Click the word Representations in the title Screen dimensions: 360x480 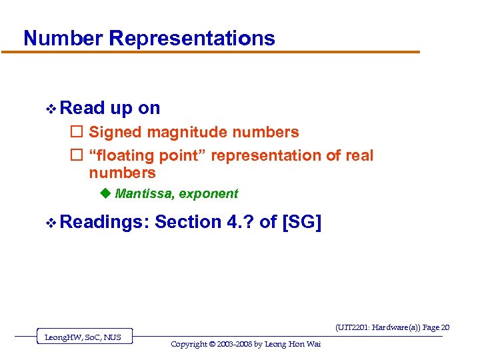[192, 38]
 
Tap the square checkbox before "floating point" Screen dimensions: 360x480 [76, 156]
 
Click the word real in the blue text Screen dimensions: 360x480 [359, 156]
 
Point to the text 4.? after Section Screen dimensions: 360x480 [239, 221]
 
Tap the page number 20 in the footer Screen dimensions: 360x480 [445, 327]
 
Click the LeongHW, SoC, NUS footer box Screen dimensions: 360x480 [83, 337]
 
